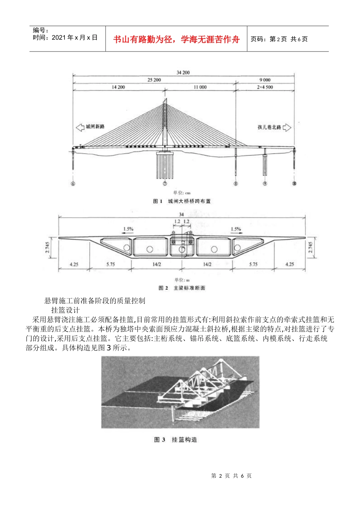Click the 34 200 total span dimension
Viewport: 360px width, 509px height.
pos(183,72)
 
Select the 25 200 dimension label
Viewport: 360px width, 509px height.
pos(154,80)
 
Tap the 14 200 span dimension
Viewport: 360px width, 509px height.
pos(118,87)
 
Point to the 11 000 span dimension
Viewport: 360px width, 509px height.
pos(200,87)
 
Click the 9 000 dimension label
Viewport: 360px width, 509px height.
pos(265,80)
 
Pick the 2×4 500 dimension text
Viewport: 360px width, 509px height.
pos(265,87)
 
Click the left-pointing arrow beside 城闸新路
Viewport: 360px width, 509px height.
pos(80,127)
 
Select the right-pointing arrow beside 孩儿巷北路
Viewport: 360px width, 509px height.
pos(287,128)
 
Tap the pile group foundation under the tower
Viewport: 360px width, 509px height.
pos(165,165)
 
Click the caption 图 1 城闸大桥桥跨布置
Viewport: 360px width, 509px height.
pos(182,201)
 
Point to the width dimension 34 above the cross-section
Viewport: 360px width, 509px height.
pos(182,214)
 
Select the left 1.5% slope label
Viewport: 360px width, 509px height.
pos(128,229)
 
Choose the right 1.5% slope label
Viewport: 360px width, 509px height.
pos(236,229)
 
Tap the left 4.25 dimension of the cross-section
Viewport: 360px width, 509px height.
pos(74,264)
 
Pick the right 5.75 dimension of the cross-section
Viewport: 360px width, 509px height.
pos(253,264)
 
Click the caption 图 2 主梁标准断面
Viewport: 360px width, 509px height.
pos(182,288)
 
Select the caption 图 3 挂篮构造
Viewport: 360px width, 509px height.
pos(175,440)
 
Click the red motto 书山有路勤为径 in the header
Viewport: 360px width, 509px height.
pos(176,39)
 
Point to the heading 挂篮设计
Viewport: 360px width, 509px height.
pos(65,310)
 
